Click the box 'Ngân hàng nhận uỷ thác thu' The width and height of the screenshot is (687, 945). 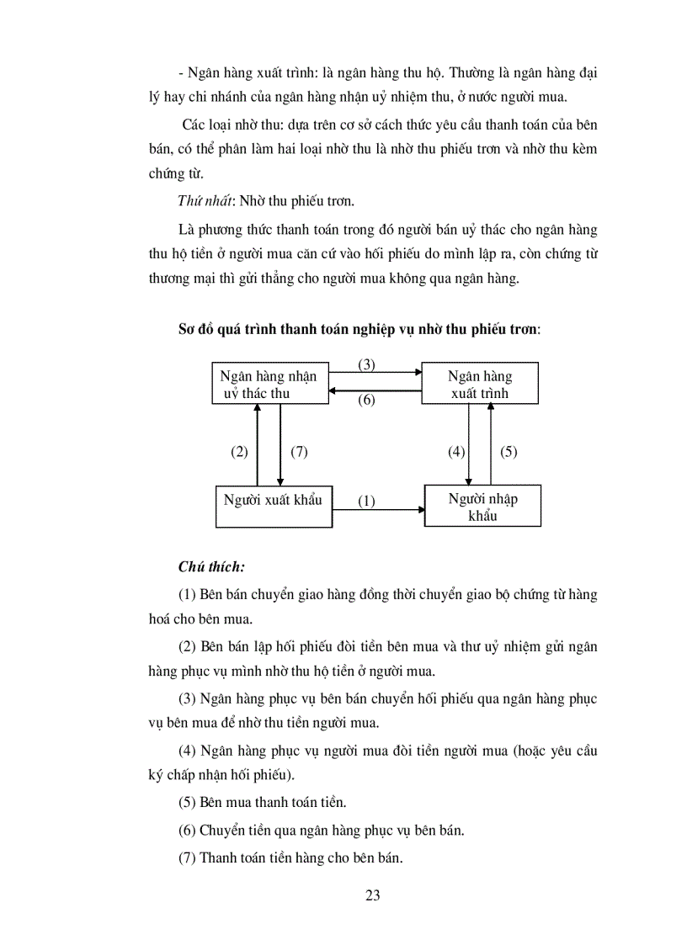[x=269, y=385]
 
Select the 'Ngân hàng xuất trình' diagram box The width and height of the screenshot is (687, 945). [x=479, y=385]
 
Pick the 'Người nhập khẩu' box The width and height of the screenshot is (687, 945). [x=482, y=507]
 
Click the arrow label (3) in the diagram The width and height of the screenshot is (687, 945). [x=366, y=364]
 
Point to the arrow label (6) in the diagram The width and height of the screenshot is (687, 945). [x=366, y=400]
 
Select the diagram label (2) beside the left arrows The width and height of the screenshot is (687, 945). [x=240, y=452]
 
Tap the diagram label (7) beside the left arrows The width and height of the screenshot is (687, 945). [x=299, y=452]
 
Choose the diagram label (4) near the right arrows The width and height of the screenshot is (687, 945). [x=456, y=452]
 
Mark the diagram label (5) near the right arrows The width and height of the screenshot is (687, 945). [x=509, y=452]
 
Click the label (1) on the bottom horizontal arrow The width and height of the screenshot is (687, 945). [x=366, y=501]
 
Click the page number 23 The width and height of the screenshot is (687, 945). [x=373, y=895]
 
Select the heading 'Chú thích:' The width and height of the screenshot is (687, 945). [x=211, y=566]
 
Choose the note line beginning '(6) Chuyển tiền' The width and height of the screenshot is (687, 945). [x=322, y=830]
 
